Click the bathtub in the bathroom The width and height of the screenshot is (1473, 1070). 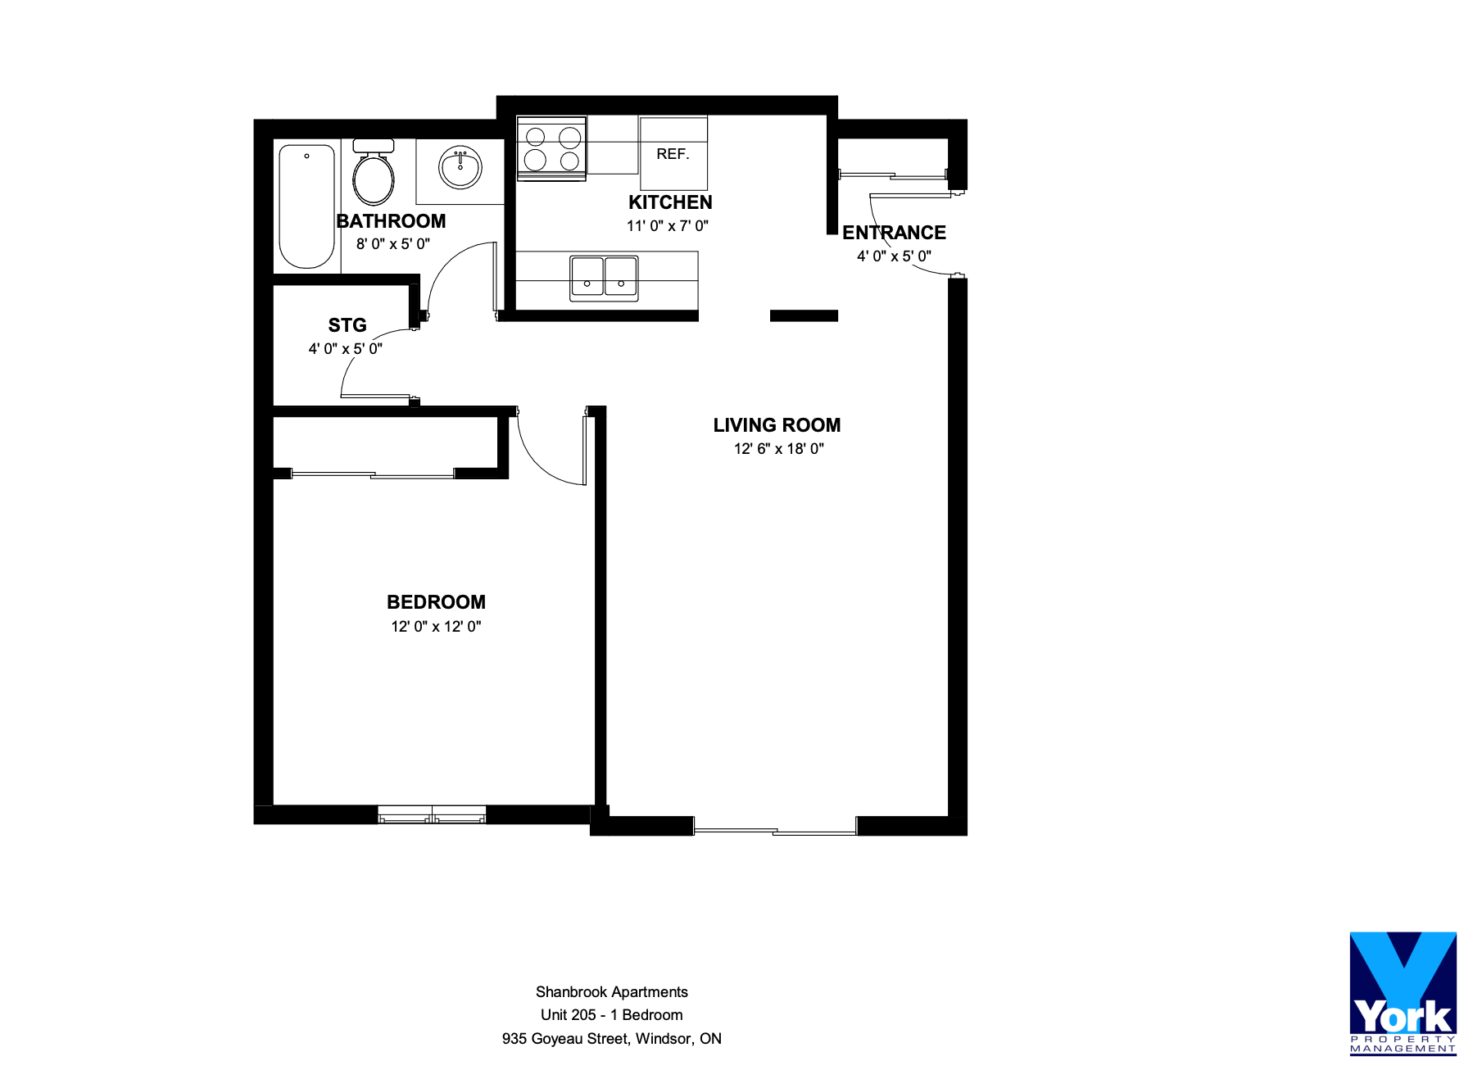307,206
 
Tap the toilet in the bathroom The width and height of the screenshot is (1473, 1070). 374,172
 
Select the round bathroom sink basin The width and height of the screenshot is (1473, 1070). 460,167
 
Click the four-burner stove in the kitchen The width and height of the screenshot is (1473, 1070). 551,148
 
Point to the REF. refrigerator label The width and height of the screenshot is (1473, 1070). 673,154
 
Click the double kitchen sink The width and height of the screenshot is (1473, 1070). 604,278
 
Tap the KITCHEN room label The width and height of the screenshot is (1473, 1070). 670,202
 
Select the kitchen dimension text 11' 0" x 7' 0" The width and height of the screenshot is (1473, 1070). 668,226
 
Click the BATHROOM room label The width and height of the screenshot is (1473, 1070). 392,221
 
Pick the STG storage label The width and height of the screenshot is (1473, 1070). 347,325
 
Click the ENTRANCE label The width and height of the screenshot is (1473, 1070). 894,233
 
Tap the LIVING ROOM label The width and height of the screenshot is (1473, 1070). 777,425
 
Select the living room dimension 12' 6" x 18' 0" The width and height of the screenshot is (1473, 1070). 779,449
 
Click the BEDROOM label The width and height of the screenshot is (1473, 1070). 436,602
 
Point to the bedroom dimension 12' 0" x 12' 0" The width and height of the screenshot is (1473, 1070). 436,627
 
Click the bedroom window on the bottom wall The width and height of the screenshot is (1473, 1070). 432,814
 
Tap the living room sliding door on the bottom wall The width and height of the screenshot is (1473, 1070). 775,826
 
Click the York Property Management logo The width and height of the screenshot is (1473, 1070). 1403,993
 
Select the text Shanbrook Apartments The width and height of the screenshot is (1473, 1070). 612,992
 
